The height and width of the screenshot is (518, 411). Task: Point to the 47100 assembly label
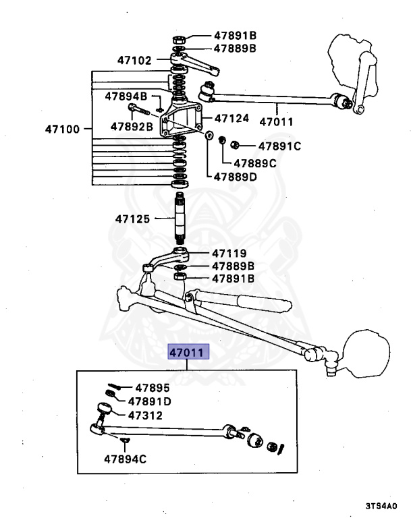63,128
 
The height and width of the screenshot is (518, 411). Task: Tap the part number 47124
231,118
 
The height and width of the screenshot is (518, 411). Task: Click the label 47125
132,219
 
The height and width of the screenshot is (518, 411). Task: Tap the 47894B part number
126,96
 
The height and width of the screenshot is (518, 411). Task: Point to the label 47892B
132,125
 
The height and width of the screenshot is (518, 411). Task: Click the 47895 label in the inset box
153,388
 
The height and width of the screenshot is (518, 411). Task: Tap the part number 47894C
126,459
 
